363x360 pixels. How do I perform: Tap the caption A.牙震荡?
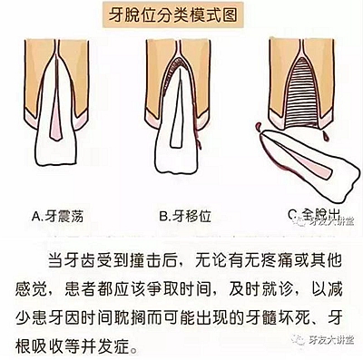pyautogui.click(x=63, y=216)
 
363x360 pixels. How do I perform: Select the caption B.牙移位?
pyautogui.click(x=185, y=216)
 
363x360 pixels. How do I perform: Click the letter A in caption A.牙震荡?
pyautogui.click(x=37, y=216)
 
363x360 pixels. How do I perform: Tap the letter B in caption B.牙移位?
pyautogui.click(x=161, y=216)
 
